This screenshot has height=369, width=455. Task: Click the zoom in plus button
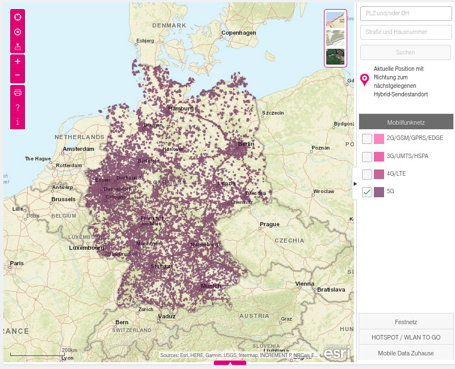coord(18,61)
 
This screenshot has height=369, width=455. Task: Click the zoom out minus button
coord(18,75)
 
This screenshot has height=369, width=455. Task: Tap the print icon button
coord(18,92)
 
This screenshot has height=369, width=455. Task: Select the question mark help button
coord(18,107)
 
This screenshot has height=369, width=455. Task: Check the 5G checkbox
coord(367,192)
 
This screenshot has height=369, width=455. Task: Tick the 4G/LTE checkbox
coord(367,174)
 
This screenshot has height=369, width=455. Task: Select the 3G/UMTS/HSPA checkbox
coord(367,156)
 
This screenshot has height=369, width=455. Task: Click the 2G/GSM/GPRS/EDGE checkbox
coord(367,139)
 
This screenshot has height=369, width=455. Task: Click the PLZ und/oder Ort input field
coord(406,14)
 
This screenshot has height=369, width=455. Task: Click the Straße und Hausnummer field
coord(406,32)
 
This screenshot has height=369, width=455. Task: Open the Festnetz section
coord(406,321)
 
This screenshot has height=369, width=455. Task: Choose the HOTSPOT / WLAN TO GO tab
coord(406,337)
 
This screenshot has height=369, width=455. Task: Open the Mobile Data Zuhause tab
coord(406,353)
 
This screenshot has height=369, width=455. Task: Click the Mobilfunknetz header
coord(406,122)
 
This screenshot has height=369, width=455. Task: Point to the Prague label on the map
coord(269,224)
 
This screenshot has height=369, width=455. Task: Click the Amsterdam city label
coord(78,149)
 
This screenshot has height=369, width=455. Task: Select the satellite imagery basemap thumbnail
coord(335,57)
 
